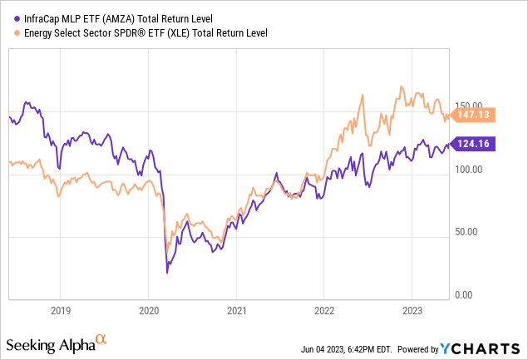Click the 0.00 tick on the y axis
coord(473,294)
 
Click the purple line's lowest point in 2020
coord(167,272)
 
